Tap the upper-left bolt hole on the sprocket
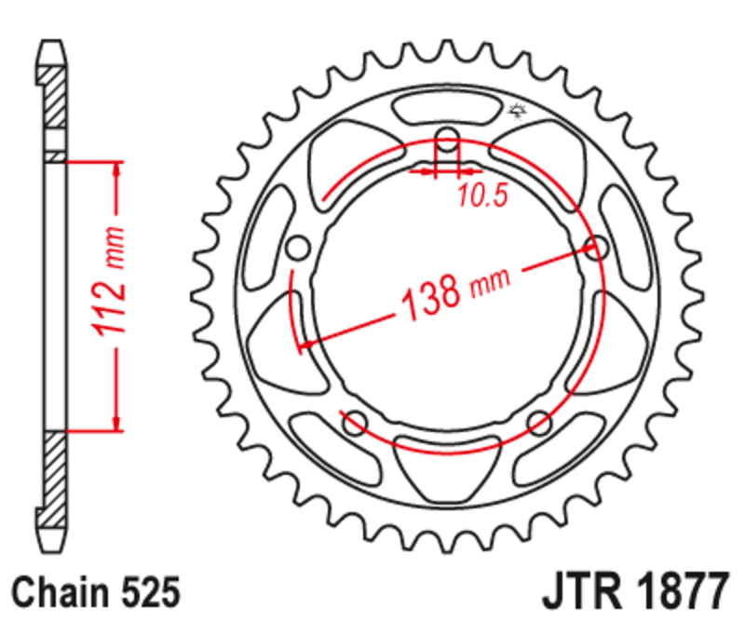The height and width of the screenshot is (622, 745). coord(298,249)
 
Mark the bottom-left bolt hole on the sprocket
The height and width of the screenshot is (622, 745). coord(354,424)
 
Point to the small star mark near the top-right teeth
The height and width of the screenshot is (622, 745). coord(518,114)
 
